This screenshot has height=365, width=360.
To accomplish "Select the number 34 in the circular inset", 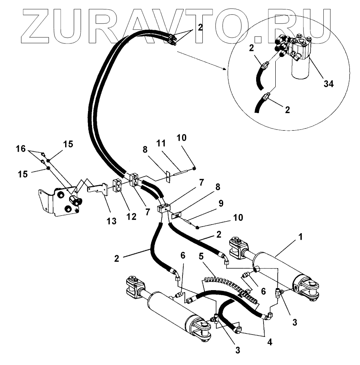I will [x=328, y=84].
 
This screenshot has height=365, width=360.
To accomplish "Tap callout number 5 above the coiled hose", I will [x=201, y=257].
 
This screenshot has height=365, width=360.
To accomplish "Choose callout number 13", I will [x=111, y=221].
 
